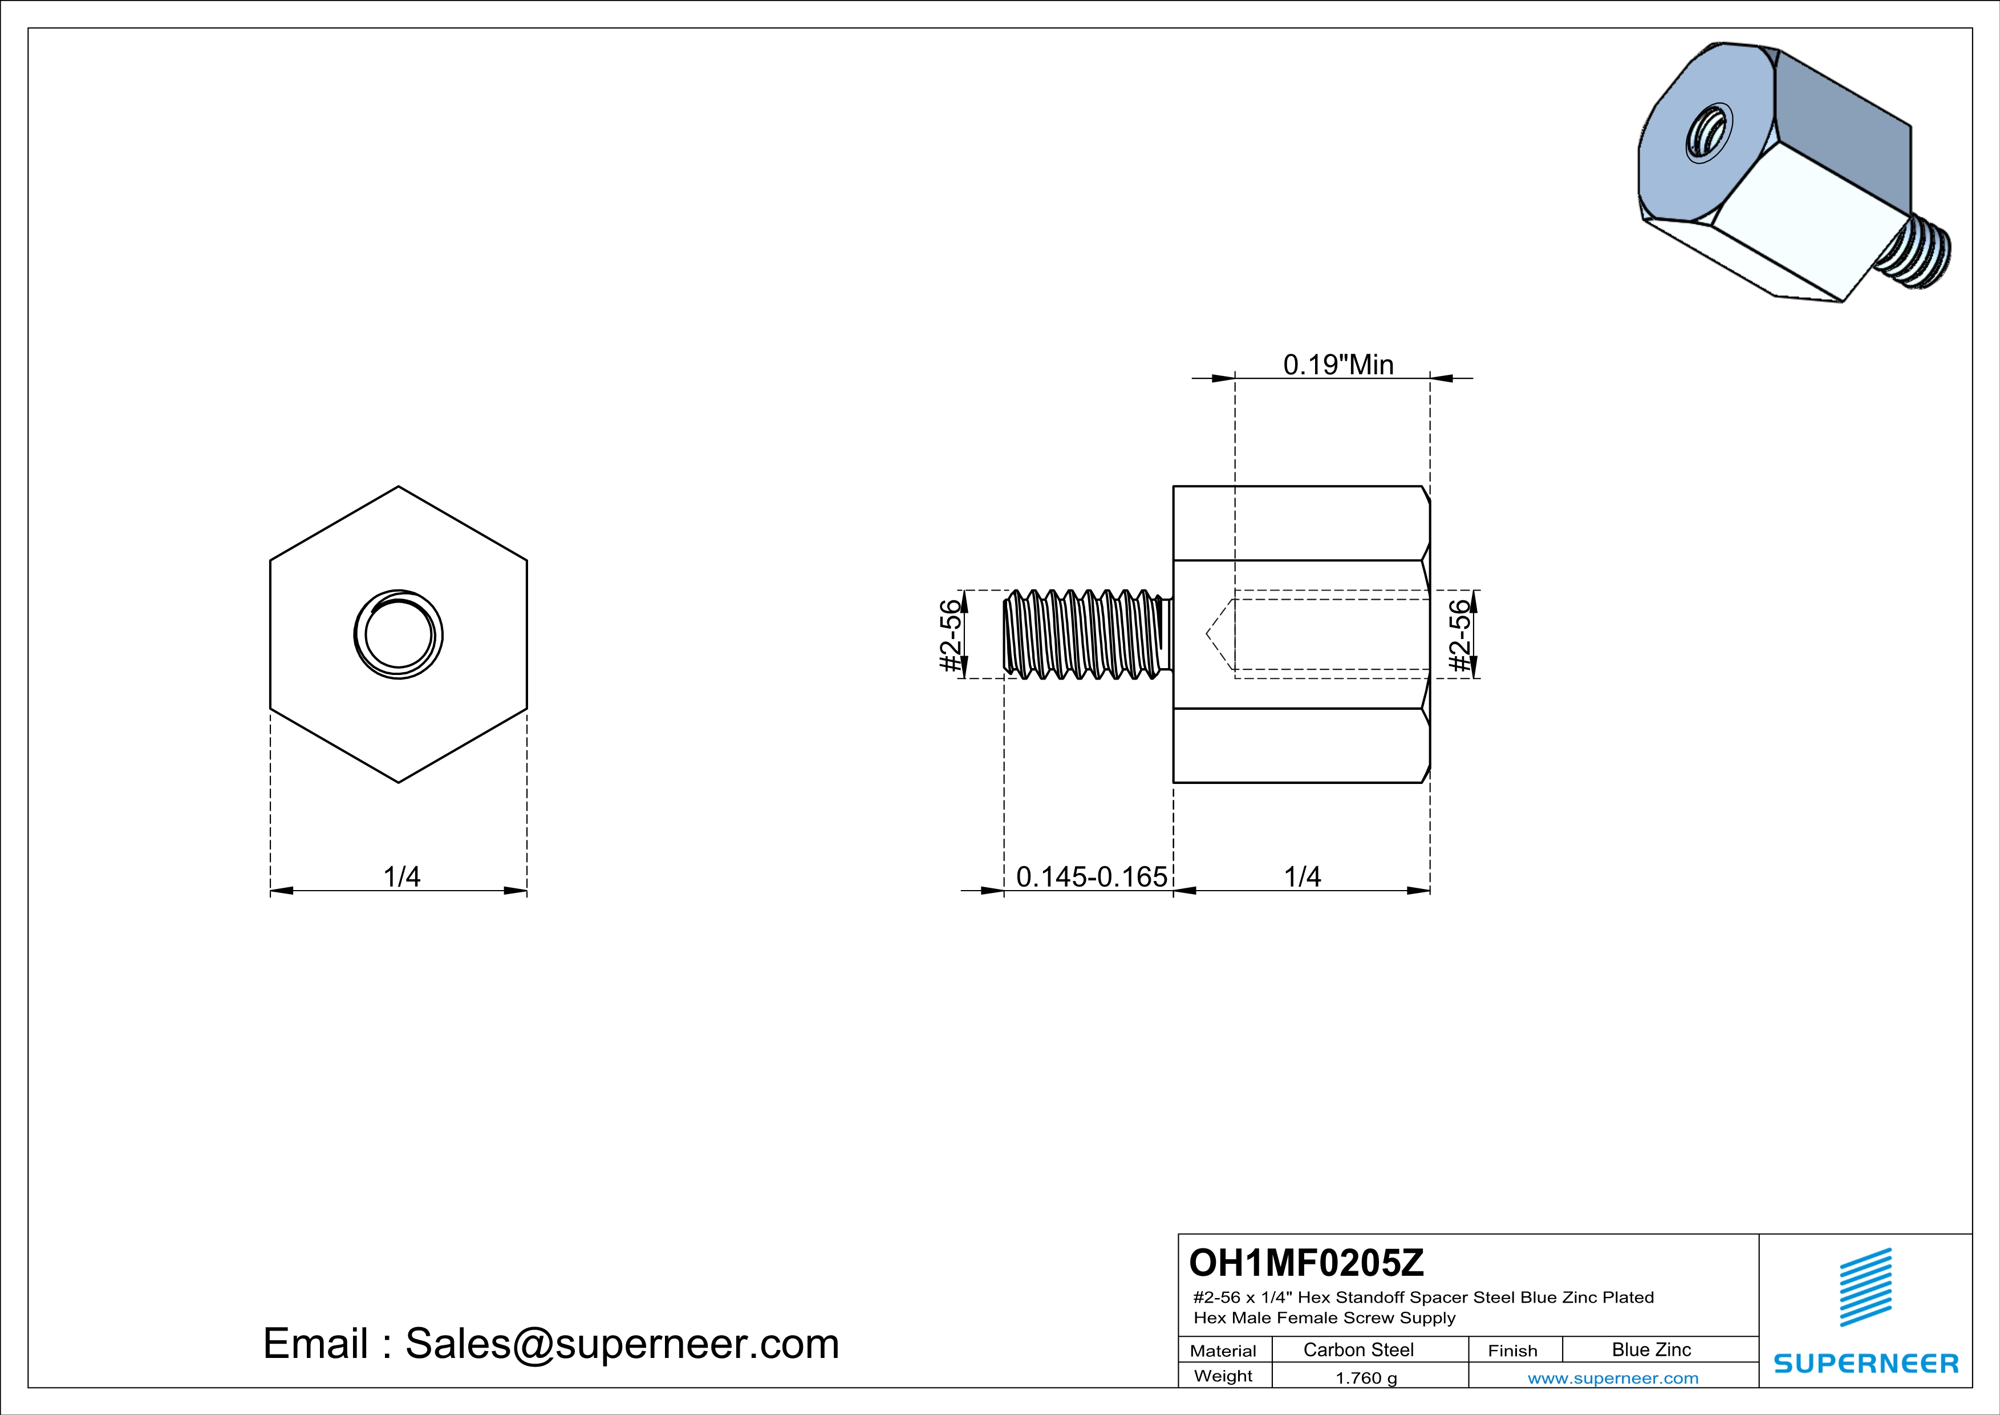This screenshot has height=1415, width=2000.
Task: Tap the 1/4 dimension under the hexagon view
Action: [x=401, y=876]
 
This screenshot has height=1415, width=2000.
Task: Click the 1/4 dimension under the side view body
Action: [x=1303, y=876]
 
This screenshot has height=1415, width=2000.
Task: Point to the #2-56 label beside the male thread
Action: [x=951, y=634]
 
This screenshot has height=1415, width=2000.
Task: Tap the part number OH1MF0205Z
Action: [x=1306, y=1262]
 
